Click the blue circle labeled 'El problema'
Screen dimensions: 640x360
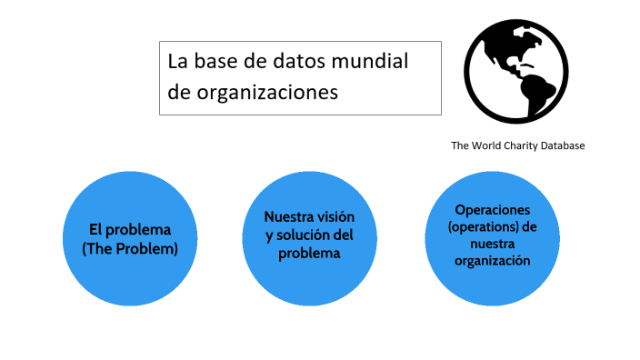129,238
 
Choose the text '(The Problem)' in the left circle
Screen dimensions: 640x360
129,247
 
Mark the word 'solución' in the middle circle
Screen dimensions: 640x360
307,235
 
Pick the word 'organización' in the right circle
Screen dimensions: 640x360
493,260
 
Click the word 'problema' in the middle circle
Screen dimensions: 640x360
309,254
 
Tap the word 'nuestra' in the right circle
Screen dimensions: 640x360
493,243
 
